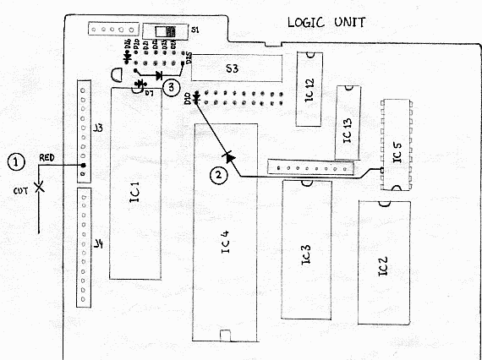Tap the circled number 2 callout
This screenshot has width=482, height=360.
[219, 175]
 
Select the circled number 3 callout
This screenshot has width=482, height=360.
[172, 85]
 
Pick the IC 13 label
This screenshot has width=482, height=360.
[347, 131]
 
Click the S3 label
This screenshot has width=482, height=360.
[231, 68]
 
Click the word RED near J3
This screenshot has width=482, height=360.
[48, 158]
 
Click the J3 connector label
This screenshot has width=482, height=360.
[97, 128]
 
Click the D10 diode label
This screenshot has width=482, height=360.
[187, 101]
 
